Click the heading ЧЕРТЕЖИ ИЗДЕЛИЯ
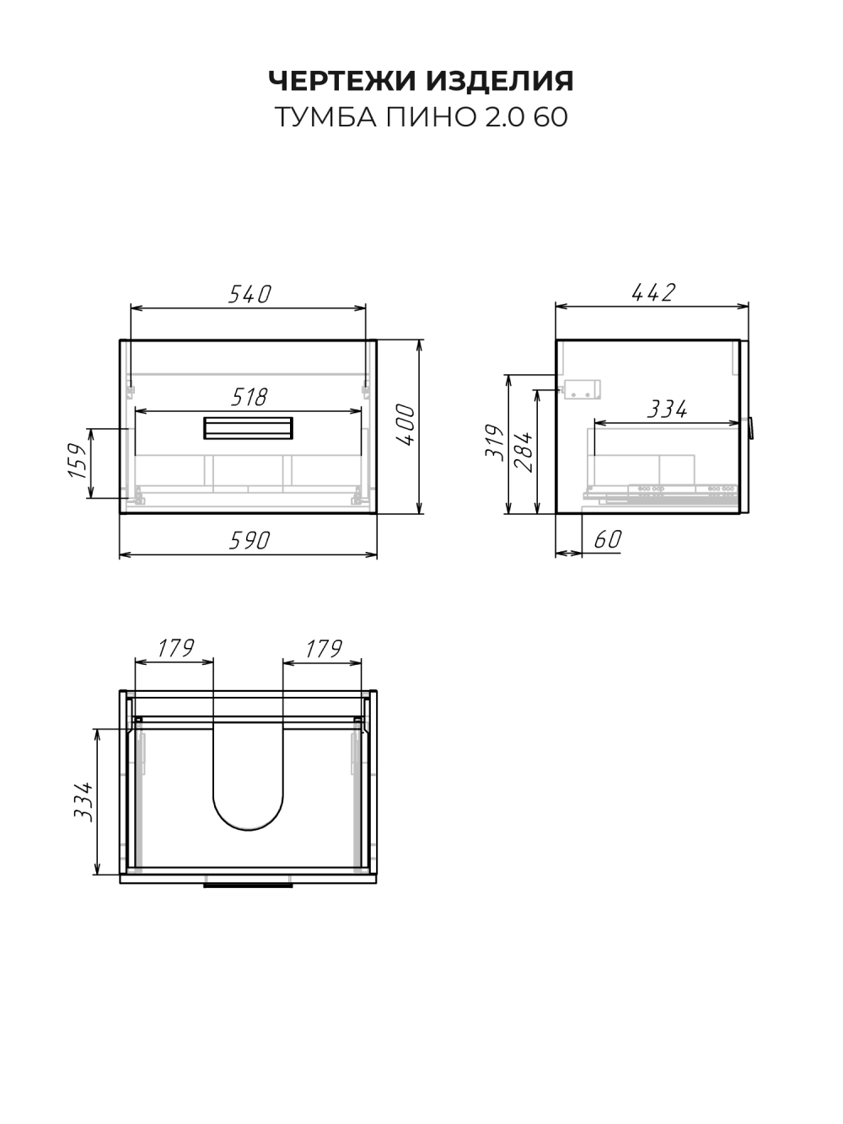tap(421, 81)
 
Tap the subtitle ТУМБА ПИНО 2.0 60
tap(421, 117)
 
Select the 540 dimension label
tap(250, 294)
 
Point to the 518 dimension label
tap(249, 397)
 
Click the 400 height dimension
tap(406, 425)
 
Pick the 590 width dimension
tap(249, 540)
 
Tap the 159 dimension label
tap(78, 461)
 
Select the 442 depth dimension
tap(653, 292)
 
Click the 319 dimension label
tap(495, 442)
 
